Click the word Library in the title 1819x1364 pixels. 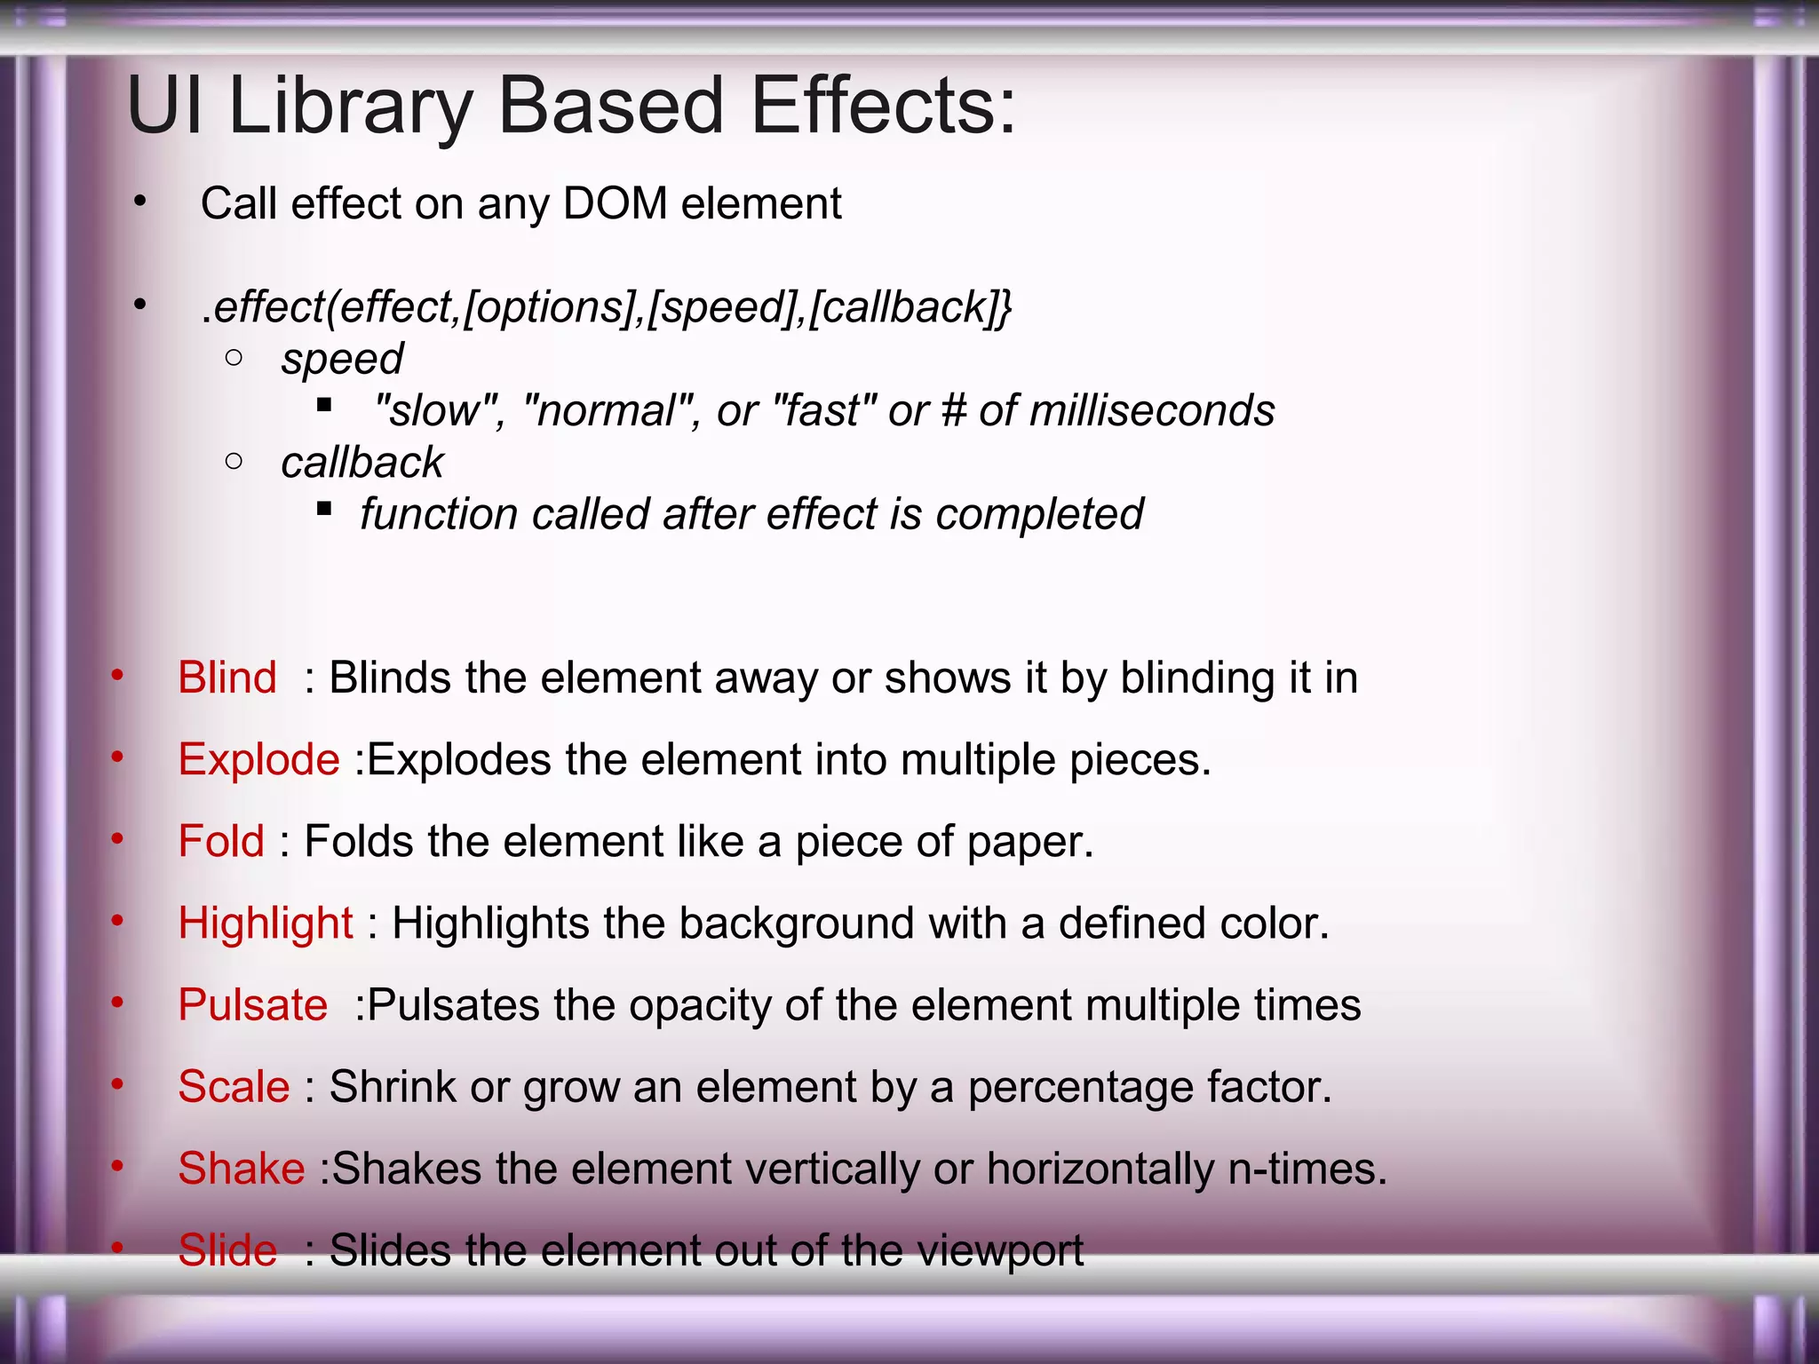coord(351,107)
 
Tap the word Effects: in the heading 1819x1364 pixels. coord(883,107)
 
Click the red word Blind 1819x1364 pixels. coord(227,678)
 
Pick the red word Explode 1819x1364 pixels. coord(258,759)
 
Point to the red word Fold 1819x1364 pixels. coord(221,841)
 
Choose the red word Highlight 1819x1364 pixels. coord(266,923)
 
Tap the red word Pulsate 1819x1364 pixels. coord(253,1004)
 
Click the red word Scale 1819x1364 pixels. coord(234,1086)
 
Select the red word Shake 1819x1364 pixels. coord(242,1168)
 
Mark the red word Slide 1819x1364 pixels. coord(227,1249)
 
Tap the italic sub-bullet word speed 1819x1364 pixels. coord(342,359)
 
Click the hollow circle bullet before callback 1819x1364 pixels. coord(234,461)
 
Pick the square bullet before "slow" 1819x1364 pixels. coord(324,406)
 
